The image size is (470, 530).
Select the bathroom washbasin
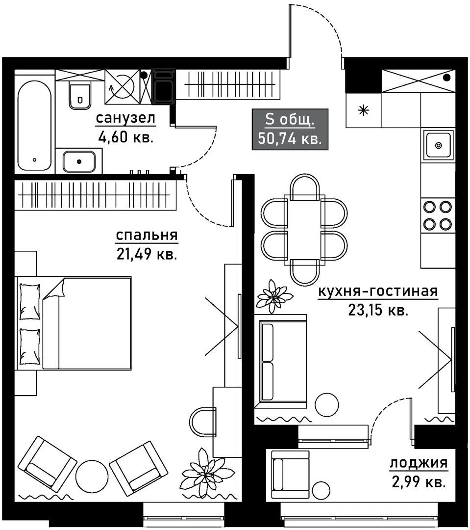point(79,160)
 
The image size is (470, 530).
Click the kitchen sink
point(438,145)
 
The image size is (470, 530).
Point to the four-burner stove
point(437,215)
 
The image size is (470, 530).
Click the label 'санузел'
point(125,118)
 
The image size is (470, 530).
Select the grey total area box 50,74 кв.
point(290,129)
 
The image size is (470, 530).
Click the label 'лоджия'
point(419,463)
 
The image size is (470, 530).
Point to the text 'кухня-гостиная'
point(377,291)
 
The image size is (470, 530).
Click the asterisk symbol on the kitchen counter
point(363,110)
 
